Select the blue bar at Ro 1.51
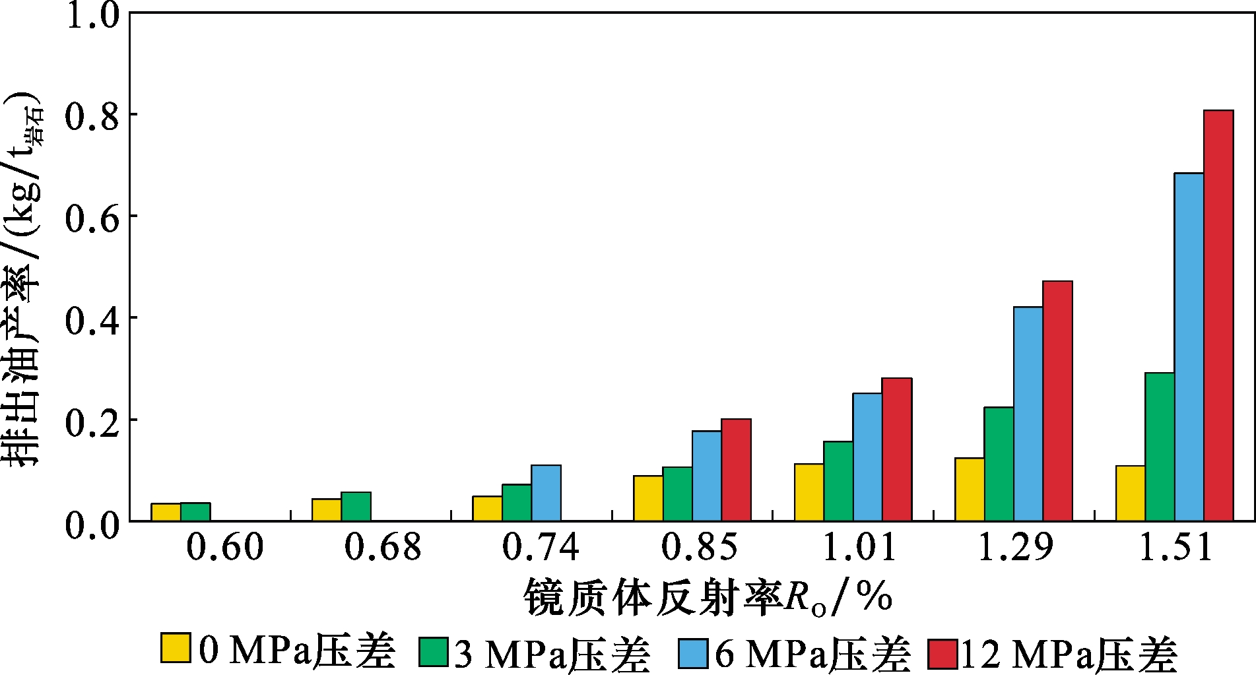[1189, 347]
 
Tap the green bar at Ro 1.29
[999, 464]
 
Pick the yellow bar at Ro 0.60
[166, 512]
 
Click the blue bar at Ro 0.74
[546, 493]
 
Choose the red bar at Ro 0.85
[736, 470]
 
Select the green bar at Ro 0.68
[356, 506]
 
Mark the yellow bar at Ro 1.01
[809, 492]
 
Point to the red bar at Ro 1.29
[1057, 401]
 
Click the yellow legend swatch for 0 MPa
[176, 648]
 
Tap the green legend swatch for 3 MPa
[434, 652]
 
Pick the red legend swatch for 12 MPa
[942, 654]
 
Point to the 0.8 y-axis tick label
[92, 117]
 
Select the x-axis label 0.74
[541, 548]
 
